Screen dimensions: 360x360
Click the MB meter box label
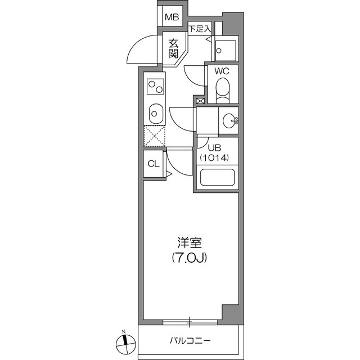172,17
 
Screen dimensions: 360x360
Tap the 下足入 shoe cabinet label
200,29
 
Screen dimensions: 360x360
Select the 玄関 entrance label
173,49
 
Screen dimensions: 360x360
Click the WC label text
222,71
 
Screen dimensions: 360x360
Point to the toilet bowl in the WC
223,90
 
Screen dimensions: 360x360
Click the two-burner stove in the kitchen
155,87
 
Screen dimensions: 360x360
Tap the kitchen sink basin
156,114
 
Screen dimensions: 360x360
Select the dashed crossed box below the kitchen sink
154,136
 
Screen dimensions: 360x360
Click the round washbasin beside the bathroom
230,120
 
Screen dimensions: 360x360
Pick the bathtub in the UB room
217,178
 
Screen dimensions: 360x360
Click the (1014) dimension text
214,157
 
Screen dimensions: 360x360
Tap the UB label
214,148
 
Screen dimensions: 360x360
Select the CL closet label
154,164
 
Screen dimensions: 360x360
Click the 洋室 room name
190,243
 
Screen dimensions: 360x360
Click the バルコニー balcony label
190,340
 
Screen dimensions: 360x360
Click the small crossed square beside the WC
200,101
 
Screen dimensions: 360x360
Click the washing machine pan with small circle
226,51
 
